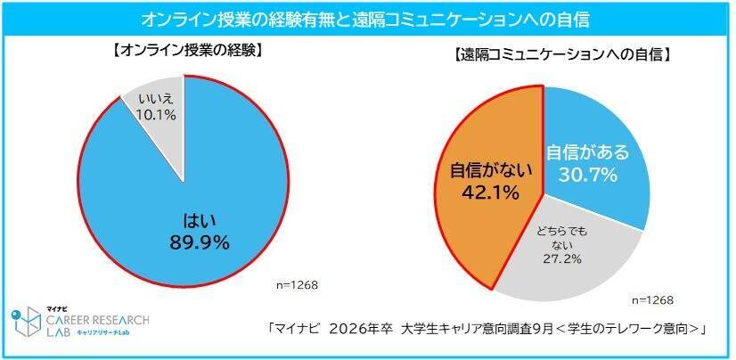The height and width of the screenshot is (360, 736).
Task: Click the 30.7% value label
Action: click(x=587, y=175)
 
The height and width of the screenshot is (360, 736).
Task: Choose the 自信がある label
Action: click(x=588, y=152)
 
